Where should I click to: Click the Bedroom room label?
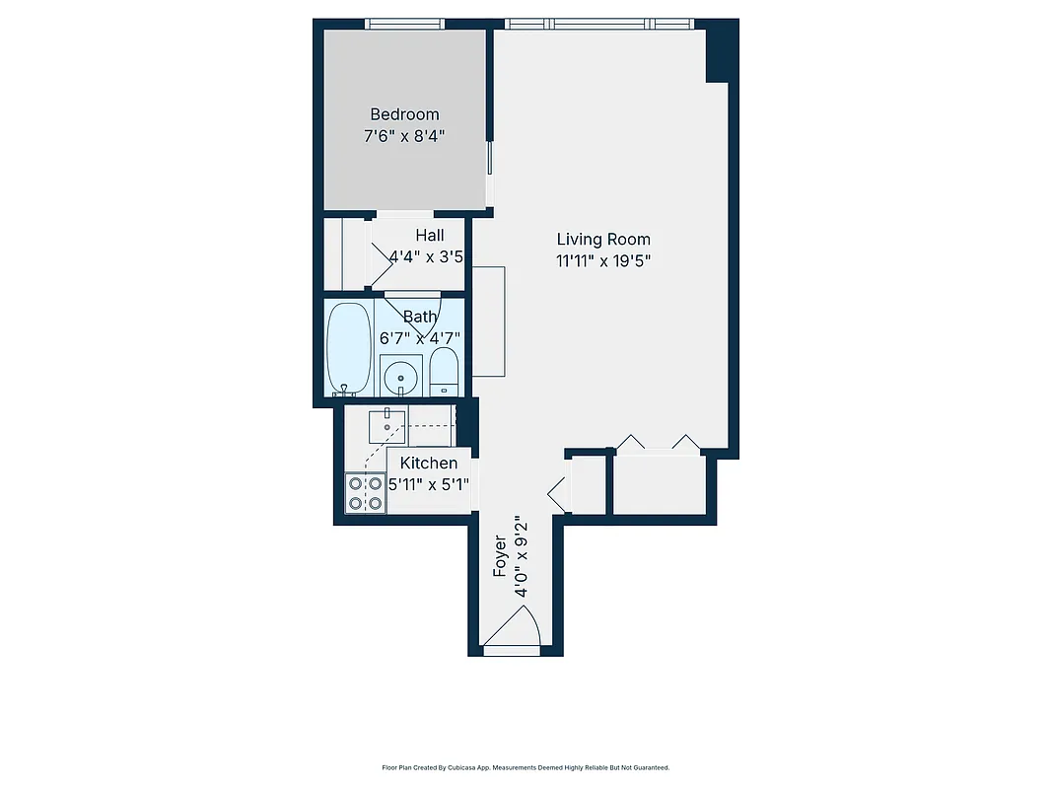coord(404,114)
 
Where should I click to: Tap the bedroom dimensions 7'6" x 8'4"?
coord(404,136)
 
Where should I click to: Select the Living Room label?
coord(603,239)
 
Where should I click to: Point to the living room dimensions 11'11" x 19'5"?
coord(603,260)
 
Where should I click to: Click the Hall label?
coord(429,236)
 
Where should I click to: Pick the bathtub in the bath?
coord(349,347)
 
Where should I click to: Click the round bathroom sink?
coord(400,375)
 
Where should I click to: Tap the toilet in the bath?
coord(445,371)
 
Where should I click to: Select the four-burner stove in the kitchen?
coord(365,493)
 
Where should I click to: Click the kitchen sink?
coord(387,426)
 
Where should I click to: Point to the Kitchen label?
coord(429,464)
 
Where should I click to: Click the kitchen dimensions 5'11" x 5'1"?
coord(429,484)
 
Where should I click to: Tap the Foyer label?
coord(500,557)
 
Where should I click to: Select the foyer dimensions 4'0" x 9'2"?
coord(523,557)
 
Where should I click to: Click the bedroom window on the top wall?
coord(404,24)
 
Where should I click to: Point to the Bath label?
coord(420,317)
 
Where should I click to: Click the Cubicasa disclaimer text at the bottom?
coord(526,767)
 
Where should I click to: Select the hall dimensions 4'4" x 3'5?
coord(426,257)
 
